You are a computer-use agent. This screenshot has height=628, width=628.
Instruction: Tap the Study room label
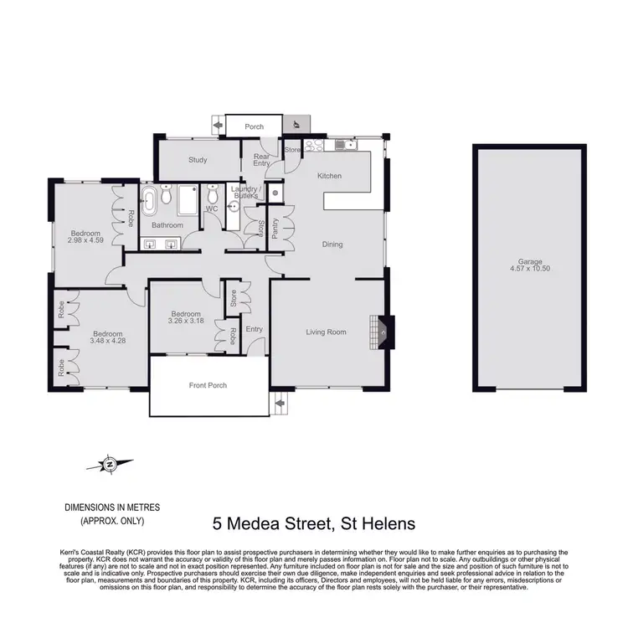[x=198, y=159]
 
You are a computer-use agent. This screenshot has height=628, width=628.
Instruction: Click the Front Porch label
[x=208, y=385]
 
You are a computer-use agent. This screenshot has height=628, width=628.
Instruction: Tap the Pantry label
[x=275, y=229]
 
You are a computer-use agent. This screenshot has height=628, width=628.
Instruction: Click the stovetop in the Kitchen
[x=314, y=146]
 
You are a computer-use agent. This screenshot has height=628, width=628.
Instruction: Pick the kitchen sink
[x=342, y=146]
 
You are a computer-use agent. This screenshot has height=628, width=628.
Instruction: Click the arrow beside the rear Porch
[x=219, y=126]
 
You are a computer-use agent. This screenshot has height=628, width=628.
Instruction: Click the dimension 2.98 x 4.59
[x=85, y=241]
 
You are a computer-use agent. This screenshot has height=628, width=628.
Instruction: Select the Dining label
[x=332, y=245]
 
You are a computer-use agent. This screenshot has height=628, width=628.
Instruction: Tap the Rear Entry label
[x=262, y=160]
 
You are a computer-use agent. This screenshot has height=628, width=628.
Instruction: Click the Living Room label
[x=326, y=332]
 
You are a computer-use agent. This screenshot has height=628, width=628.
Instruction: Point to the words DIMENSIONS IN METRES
[x=112, y=508]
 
